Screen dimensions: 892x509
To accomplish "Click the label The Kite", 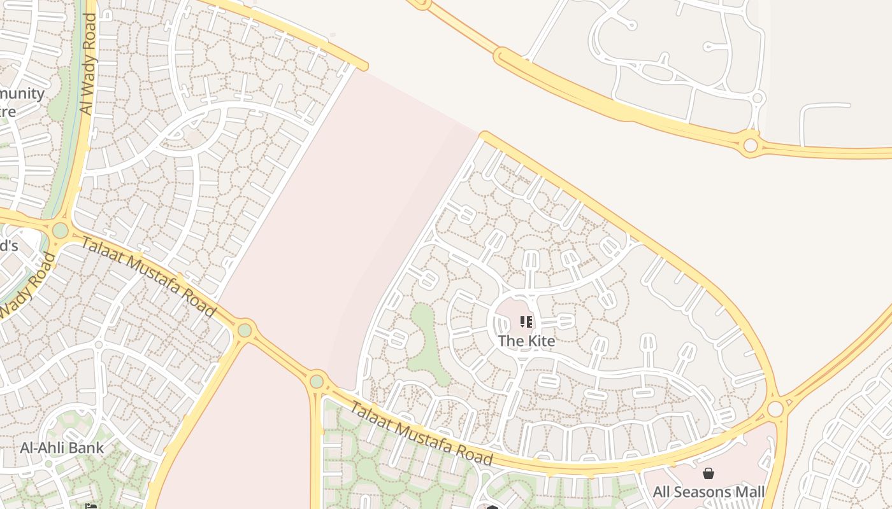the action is click(x=526, y=340).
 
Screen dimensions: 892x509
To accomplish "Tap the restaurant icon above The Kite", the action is click(x=526, y=322).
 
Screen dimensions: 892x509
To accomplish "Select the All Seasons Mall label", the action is click(x=709, y=492).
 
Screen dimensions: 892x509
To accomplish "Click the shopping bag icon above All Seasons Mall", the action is click(x=709, y=473).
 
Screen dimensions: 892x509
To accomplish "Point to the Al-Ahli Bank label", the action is click(x=62, y=447).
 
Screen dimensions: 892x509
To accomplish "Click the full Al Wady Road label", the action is click(x=88, y=64).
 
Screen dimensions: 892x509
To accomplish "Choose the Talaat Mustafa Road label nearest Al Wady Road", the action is click(x=148, y=277).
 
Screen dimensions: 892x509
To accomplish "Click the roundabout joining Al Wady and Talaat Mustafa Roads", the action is click(x=60, y=230).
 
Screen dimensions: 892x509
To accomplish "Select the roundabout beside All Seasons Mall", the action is click(x=775, y=408).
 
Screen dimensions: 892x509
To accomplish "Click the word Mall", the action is click(x=749, y=492).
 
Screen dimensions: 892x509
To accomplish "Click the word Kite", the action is click(x=540, y=340).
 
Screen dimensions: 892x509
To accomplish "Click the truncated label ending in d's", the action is click(x=9, y=246).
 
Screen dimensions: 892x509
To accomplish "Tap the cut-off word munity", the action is click(x=22, y=94).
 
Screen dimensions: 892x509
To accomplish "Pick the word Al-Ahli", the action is click(x=43, y=447).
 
